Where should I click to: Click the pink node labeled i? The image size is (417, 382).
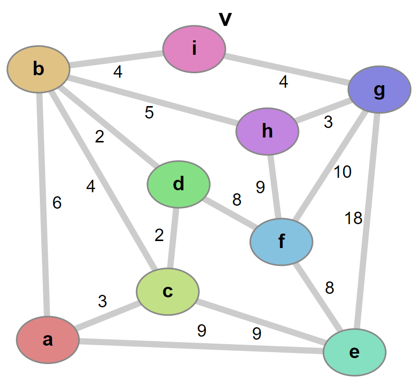pyautogui.click(x=194, y=49)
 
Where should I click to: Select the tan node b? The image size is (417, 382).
pyautogui.click(x=38, y=69)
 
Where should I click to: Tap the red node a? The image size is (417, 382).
pyautogui.click(x=48, y=340)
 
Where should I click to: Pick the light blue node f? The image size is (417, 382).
pyautogui.click(x=281, y=242)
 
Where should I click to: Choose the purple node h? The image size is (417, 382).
pyautogui.click(x=268, y=131)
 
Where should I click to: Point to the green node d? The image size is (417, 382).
pyautogui.click(x=178, y=184)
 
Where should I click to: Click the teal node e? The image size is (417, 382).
pyautogui.click(x=354, y=352)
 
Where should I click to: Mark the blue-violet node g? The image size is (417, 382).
pyautogui.click(x=380, y=90)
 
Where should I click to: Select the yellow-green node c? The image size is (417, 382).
pyautogui.click(x=168, y=291)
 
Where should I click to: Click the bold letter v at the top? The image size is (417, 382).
pyautogui.click(x=225, y=18)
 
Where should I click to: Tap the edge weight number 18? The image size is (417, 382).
pyautogui.click(x=353, y=218)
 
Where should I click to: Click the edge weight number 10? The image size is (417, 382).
pyautogui.click(x=343, y=172)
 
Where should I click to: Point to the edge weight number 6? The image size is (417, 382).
pyautogui.click(x=57, y=203)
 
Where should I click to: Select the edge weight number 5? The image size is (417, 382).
pyautogui.click(x=149, y=113)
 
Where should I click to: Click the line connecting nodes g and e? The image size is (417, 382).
pyautogui.click(x=368, y=219)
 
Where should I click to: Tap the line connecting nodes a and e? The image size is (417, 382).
pyautogui.click(x=199, y=346)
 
